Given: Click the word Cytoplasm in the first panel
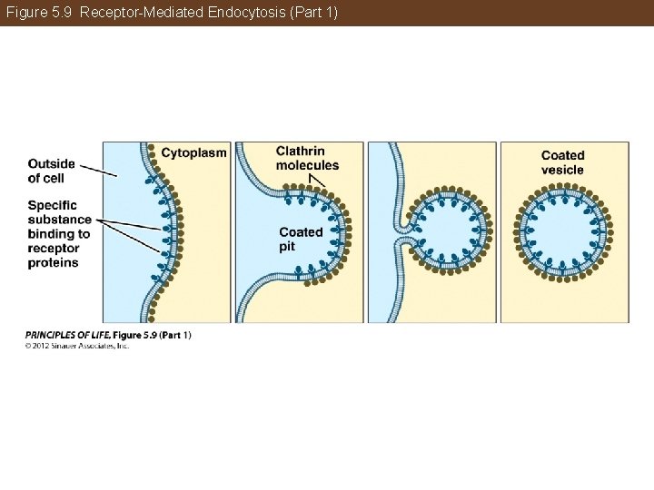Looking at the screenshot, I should point(193,153).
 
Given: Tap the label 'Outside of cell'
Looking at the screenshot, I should point(51,171).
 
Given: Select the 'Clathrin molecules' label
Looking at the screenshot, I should point(306,158).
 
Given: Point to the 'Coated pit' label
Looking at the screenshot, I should point(300,239).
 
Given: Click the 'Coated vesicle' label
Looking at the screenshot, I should point(562,162).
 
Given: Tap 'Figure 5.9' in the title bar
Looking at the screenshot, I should point(39,13).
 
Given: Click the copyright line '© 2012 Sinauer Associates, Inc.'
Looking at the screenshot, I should point(77,346).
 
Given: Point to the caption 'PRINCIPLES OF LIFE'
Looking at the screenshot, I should point(63,335).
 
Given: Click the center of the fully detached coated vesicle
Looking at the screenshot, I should point(564,230).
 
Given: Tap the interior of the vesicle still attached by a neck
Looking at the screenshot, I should point(445,232).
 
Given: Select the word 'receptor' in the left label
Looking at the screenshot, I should point(54,249).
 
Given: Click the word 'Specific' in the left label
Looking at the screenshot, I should point(52,205).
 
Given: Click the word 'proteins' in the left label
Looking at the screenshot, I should point(53,263).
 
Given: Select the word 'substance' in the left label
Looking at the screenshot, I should point(59,220).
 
